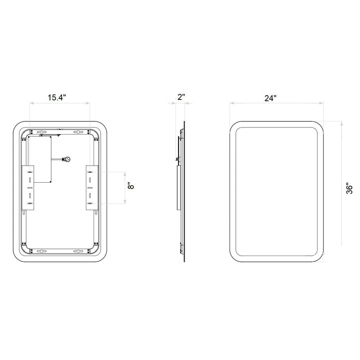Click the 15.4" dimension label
tap(57, 97)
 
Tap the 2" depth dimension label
tap(181, 97)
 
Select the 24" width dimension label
tap(270, 98)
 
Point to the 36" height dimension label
tap(349, 189)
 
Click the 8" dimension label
tap(130, 186)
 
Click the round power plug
tap(67, 159)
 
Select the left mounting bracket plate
tap(28, 187)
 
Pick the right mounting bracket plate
tap(92, 187)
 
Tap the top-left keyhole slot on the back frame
tap(41, 132)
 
